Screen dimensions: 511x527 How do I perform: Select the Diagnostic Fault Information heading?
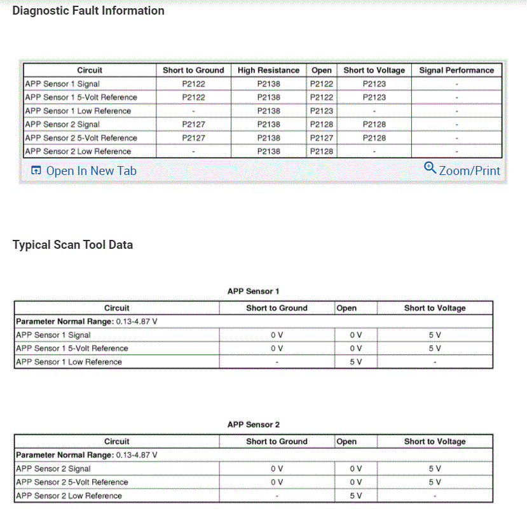click(88, 11)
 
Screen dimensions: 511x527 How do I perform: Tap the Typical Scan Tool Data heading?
click(72, 245)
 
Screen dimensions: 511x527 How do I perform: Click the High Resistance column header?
click(268, 71)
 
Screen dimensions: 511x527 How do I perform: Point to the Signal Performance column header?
click(456, 71)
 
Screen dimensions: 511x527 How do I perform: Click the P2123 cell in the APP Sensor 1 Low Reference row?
click(322, 111)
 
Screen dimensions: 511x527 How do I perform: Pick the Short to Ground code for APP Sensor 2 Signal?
click(193, 125)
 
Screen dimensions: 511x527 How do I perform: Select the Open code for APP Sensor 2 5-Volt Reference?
click(322, 138)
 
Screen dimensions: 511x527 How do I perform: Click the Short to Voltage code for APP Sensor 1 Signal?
click(374, 84)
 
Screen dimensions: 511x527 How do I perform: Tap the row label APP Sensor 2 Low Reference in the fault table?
click(78, 151)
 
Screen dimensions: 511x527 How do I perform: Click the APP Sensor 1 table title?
click(254, 291)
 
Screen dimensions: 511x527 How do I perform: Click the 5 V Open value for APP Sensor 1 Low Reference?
click(355, 362)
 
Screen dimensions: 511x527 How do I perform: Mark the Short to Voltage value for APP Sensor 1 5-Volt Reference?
click(435, 349)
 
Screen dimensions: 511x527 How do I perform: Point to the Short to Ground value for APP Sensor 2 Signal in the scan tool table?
click(277, 469)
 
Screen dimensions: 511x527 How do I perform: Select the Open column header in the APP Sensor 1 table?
click(346, 308)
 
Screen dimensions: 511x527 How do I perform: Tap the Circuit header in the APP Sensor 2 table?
click(116, 442)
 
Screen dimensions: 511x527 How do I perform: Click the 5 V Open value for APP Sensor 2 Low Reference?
click(355, 496)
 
